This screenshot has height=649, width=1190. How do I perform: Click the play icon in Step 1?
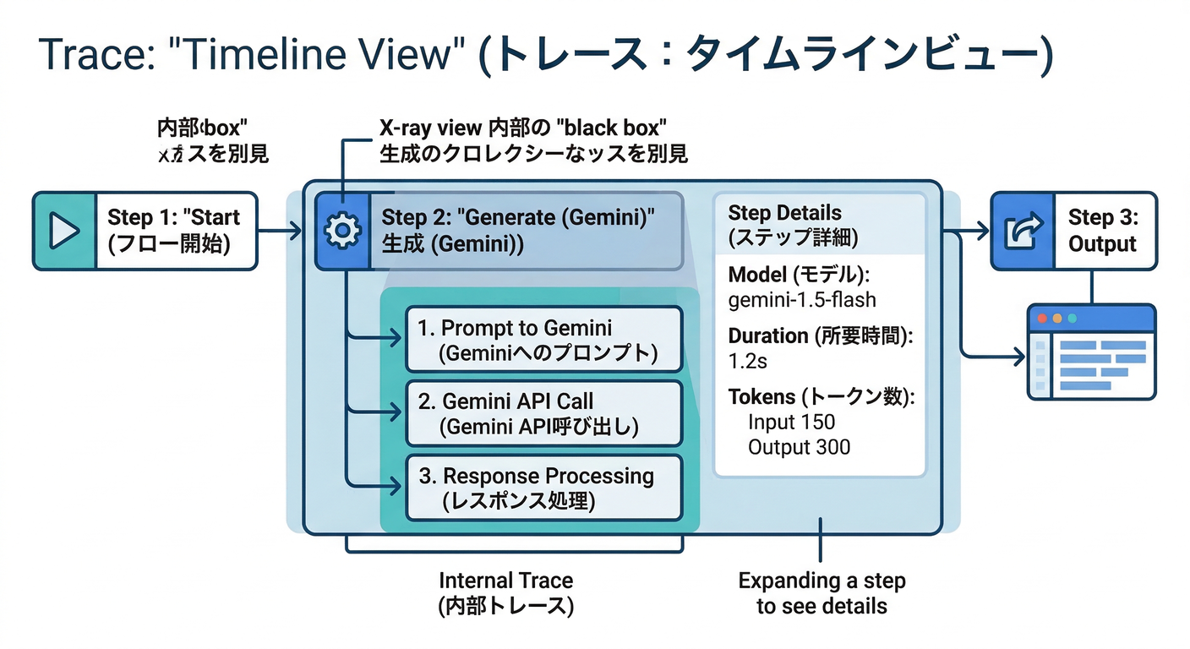(x=64, y=231)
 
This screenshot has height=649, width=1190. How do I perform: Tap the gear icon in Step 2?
(x=342, y=231)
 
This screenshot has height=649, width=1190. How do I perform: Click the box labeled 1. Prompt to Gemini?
(x=543, y=340)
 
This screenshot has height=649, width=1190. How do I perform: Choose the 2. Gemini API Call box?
(x=543, y=413)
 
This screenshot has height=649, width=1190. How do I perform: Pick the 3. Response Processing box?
(x=543, y=488)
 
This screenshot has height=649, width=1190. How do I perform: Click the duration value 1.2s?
(x=747, y=361)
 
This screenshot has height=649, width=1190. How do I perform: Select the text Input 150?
(x=791, y=422)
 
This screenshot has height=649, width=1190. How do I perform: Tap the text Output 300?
(x=799, y=446)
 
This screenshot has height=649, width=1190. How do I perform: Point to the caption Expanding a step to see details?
(x=822, y=593)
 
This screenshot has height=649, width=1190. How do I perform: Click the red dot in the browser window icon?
(x=1041, y=319)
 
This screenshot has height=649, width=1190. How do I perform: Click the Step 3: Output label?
(x=1102, y=230)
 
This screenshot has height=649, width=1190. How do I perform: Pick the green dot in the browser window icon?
(x=1073, y=319)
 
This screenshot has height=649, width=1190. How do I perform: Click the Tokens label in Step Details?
(x=761, y=397)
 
